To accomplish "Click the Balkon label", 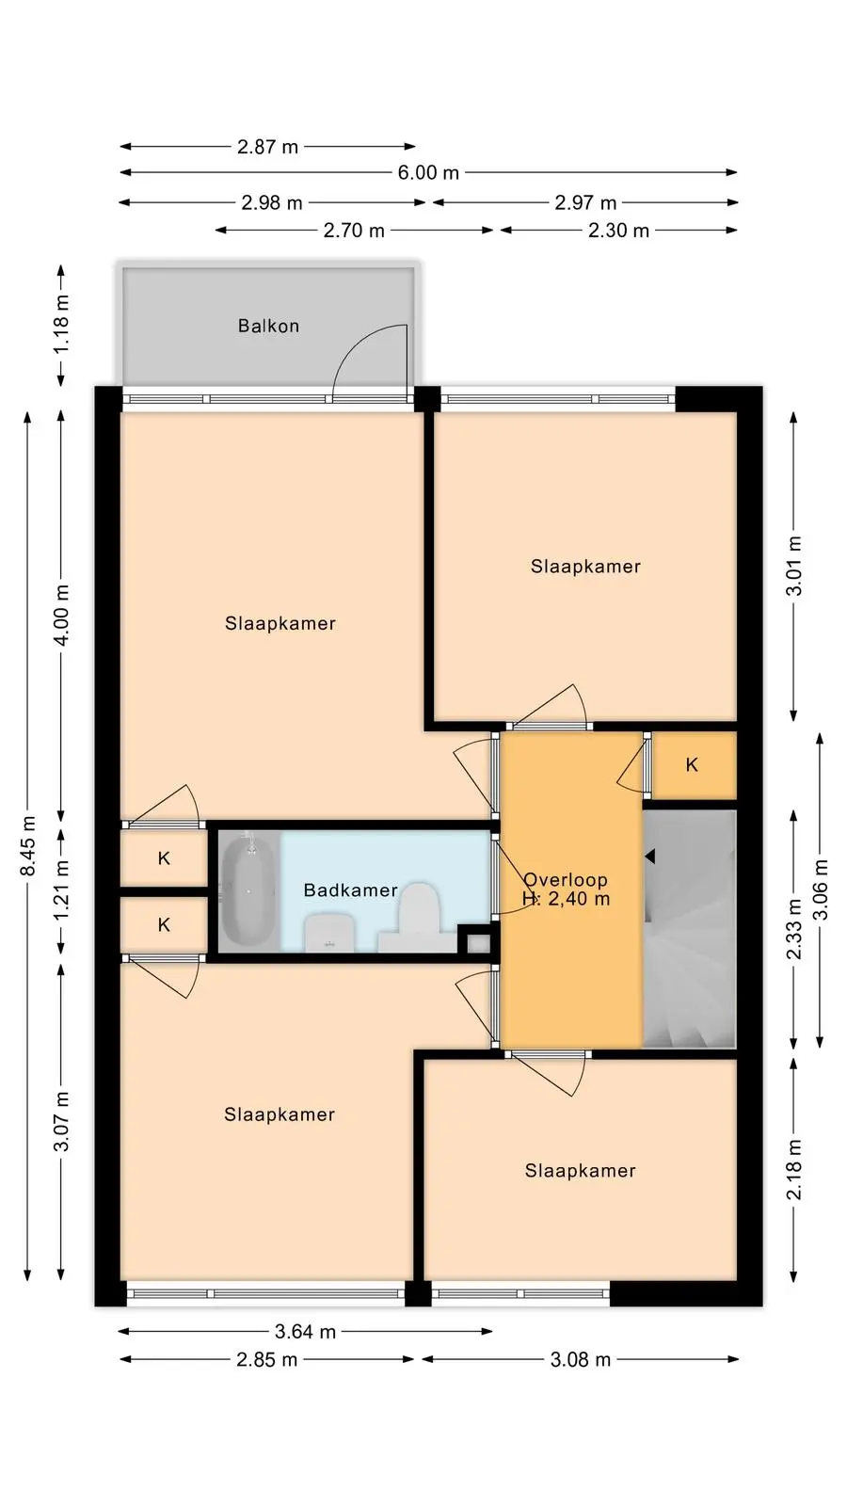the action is pos(268,326).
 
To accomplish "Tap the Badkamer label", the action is pos(350,890).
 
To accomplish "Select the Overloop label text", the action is pos(566,879).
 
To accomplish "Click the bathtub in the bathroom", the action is pos(248,890).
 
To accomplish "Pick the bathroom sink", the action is pos(329,933).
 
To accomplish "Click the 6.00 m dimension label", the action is pos(428,173).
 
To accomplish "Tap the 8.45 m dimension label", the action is pos(27,846).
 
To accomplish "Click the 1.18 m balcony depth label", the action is pos(61,324).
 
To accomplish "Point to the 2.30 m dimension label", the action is pos(618,231).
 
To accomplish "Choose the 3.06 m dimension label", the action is pos(821,889).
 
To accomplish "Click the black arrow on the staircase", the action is pos(650,857).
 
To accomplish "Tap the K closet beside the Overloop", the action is pos(692,765).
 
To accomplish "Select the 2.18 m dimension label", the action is pos(794,1170).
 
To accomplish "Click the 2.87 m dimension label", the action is pos(267,147).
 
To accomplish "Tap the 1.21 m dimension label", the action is pos(61,891).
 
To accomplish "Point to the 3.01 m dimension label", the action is pos(794,566).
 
